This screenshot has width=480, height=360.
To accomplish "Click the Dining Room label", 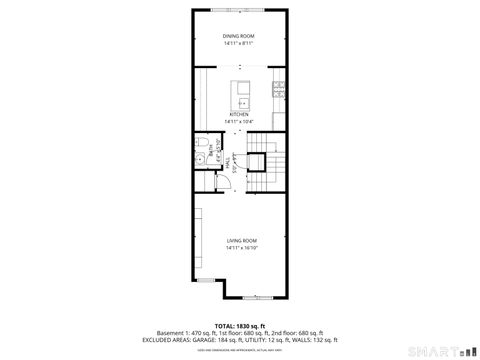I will (239, 37).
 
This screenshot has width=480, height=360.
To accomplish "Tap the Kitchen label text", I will (239, 114).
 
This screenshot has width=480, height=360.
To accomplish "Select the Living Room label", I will (242, 241).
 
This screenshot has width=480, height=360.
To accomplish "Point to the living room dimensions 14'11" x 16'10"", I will (242, 248).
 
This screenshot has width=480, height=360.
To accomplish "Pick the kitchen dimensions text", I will (240, 122).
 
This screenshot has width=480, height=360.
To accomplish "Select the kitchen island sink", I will (242, 101).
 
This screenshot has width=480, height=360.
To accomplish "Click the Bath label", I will (212, 151).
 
